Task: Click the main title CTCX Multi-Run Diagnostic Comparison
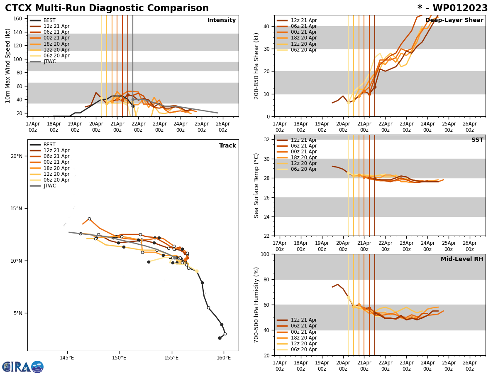click(107, 8)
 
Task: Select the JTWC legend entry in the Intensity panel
click(49, 62)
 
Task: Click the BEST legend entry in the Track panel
click(49, 145)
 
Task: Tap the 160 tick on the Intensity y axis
click(18, 19)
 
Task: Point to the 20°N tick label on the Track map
click(16, 156)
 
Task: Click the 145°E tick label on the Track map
click(67, 358)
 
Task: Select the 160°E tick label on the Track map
click(224, 358)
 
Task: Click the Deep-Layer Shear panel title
click(454, 20)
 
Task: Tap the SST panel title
click(477, 140)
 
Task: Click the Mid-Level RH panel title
click(462, 259)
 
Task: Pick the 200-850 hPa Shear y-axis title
click(257, 66)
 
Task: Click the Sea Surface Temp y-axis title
click(257, 185)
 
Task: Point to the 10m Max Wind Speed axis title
click(8, 66)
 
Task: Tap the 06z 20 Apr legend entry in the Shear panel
click(303, 50)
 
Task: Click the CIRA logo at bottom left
click(23, 367)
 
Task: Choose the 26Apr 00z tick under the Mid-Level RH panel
click(469, 366)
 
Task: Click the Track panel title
click(227, 146)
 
